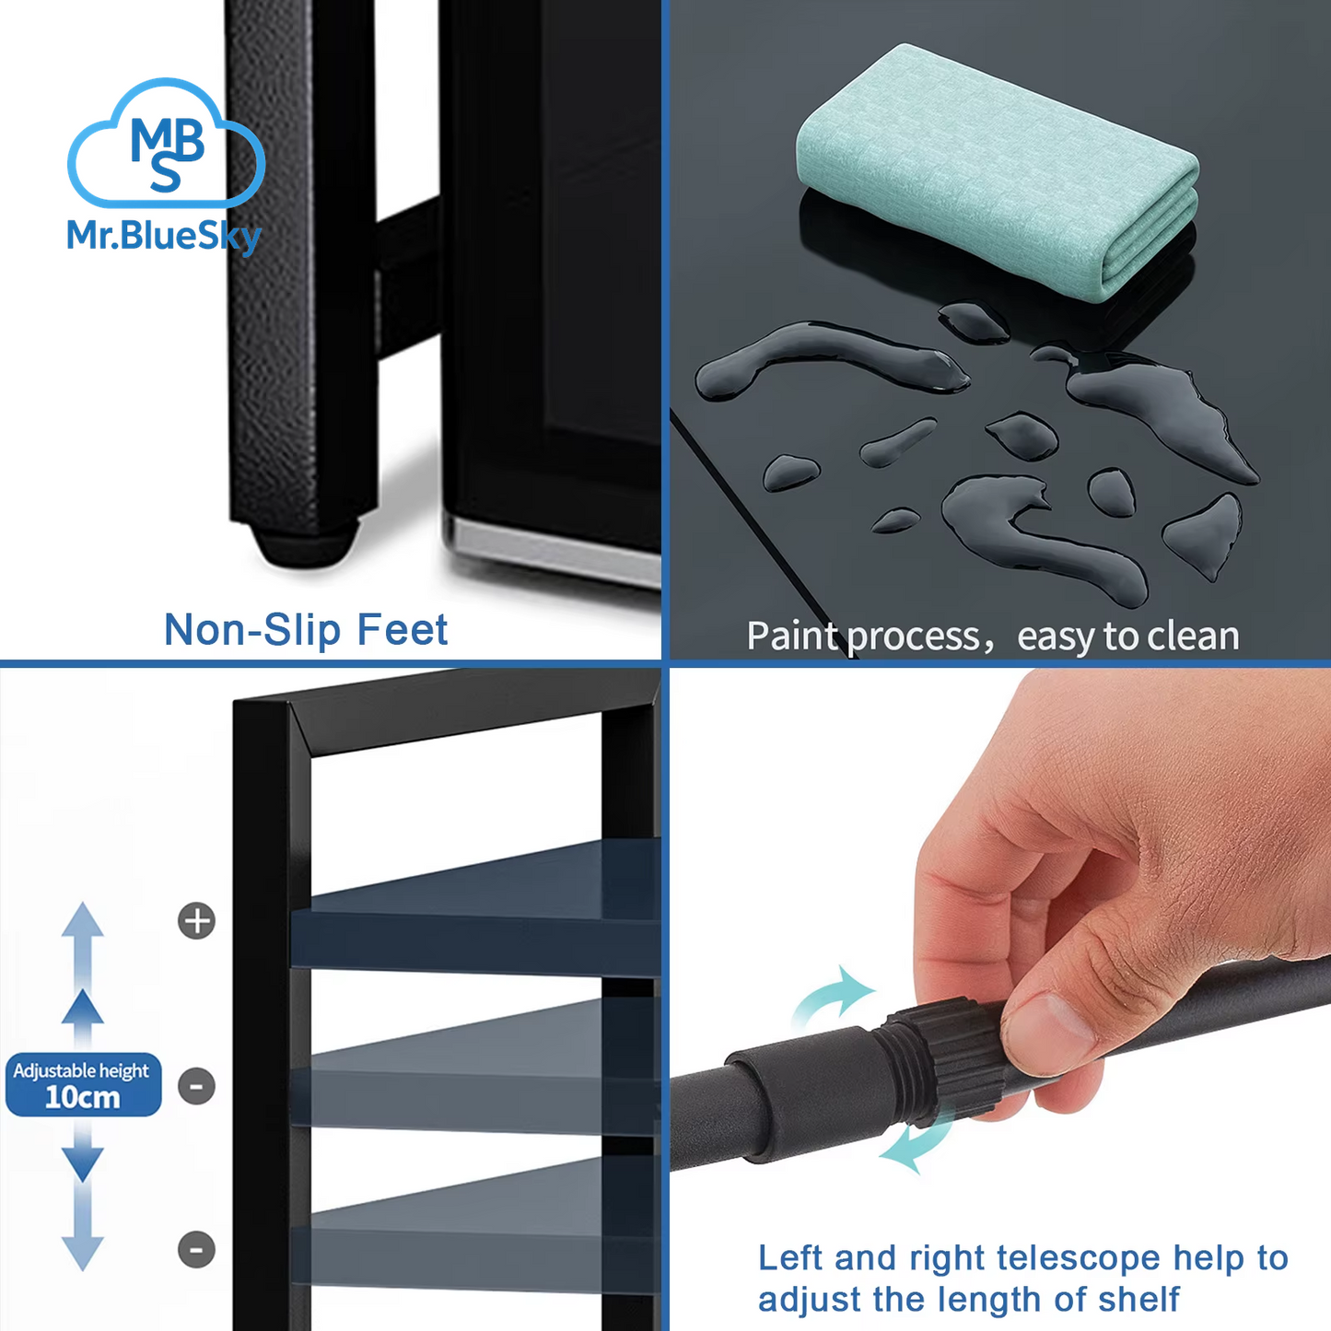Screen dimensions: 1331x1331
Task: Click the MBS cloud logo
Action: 166,143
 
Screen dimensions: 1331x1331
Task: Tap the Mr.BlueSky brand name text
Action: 164,237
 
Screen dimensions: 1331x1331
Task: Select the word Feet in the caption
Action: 402,629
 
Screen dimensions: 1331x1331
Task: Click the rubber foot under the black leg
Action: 305,544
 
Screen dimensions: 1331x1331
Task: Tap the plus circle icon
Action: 197,921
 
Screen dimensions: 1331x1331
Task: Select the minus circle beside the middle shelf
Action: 197,1086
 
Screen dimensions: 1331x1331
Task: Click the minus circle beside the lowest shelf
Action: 197,1250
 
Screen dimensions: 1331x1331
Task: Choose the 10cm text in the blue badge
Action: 82,1097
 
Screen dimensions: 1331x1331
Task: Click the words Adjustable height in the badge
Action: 81,1070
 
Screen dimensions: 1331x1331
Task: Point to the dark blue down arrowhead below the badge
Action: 82,1164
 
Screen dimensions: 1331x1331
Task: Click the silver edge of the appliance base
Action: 553,548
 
